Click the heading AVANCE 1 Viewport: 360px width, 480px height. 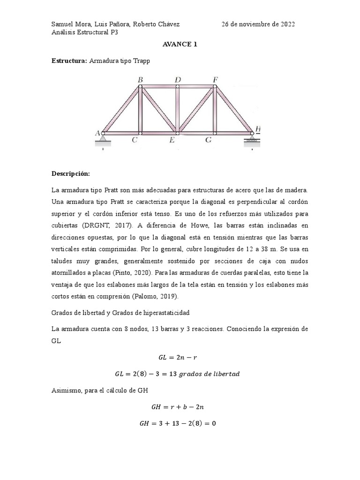click(x=180, y=45)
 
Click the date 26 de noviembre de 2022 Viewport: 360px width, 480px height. click(x=258, y=24)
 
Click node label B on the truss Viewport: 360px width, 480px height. click(x=140, y=80)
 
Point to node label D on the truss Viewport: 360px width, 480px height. click(x=178, y=80)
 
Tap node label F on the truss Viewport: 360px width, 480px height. click(x=215, y=80)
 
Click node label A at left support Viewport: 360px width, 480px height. click(x=97, y=133)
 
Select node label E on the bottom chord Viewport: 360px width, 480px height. click(x=172, y=140)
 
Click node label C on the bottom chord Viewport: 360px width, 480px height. click(x=135, y=140)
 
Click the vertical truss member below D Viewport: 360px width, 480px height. click(x=178, y=109)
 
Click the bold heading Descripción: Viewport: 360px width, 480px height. click(x=71, y=174)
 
